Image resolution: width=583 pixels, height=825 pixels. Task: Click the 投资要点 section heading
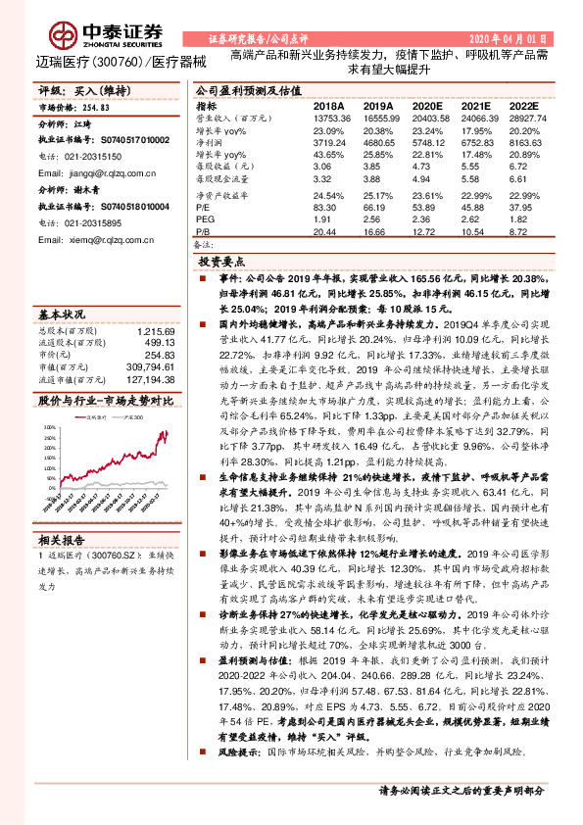tap(219, 264)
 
